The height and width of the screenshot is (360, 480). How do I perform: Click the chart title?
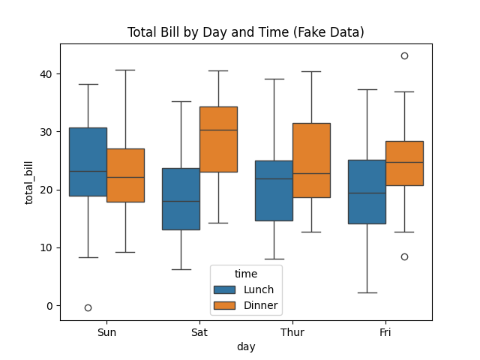click(x=246, y=32)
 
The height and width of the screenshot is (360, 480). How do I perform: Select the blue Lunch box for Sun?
click(x=88, y=161)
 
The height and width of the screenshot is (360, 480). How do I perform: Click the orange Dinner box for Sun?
click(x=125, y=175)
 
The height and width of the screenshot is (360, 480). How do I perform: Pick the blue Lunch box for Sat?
click(x=181, y=199)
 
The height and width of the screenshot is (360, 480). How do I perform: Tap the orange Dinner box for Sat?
click(x=218, y=139)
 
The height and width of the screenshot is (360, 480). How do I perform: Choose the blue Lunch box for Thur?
click(x=274, y=190)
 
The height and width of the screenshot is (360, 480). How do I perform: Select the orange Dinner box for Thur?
click(x=311, y=160)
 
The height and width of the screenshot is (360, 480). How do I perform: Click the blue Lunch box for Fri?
click(x=367, y=191)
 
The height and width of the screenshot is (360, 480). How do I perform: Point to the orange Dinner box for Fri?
click(x=404, y=163)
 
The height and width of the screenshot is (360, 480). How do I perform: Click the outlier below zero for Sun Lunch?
click(x=88, y=307)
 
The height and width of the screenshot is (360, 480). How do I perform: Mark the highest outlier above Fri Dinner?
click(x=404, y=55)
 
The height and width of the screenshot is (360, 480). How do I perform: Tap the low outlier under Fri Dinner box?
click(x=404, y=256)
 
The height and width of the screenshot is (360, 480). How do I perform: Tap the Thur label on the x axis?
click(x=292, y=331)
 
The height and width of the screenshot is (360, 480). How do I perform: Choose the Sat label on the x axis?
click(x=199, y=331)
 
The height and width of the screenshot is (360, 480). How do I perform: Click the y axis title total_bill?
click(x=30, y=182)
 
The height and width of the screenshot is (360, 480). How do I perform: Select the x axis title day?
click(x=246, y=346)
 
